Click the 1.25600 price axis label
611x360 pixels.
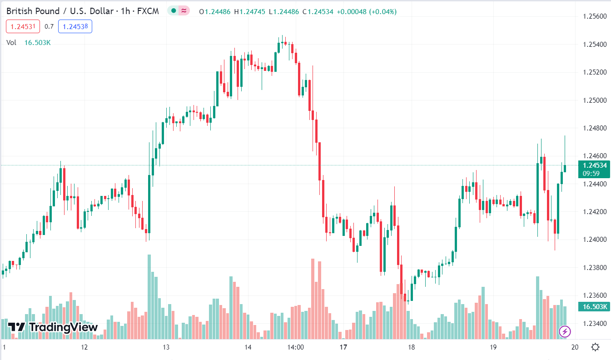tap(595, 16)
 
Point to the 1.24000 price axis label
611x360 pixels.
tap(595, 240)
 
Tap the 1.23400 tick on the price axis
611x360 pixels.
tap(595, 324)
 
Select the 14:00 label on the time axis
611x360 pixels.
tap(296, 347)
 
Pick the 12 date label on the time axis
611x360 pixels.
tap(84, 347)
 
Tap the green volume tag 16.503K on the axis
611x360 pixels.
tap(594, 307)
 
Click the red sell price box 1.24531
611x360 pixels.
tap(23, 27)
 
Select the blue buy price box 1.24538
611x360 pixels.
tap(75, 27)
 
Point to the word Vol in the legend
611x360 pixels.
tap(11, 43)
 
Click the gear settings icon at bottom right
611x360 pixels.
tap(595, 347)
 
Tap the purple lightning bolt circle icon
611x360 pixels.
tap(565, 331)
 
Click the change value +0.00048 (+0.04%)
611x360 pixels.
tap(366, 11)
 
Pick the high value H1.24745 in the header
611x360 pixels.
tap(249, 11)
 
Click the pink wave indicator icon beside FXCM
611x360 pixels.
tap(184, 11)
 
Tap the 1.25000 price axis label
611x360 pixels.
tap(595, 100)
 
